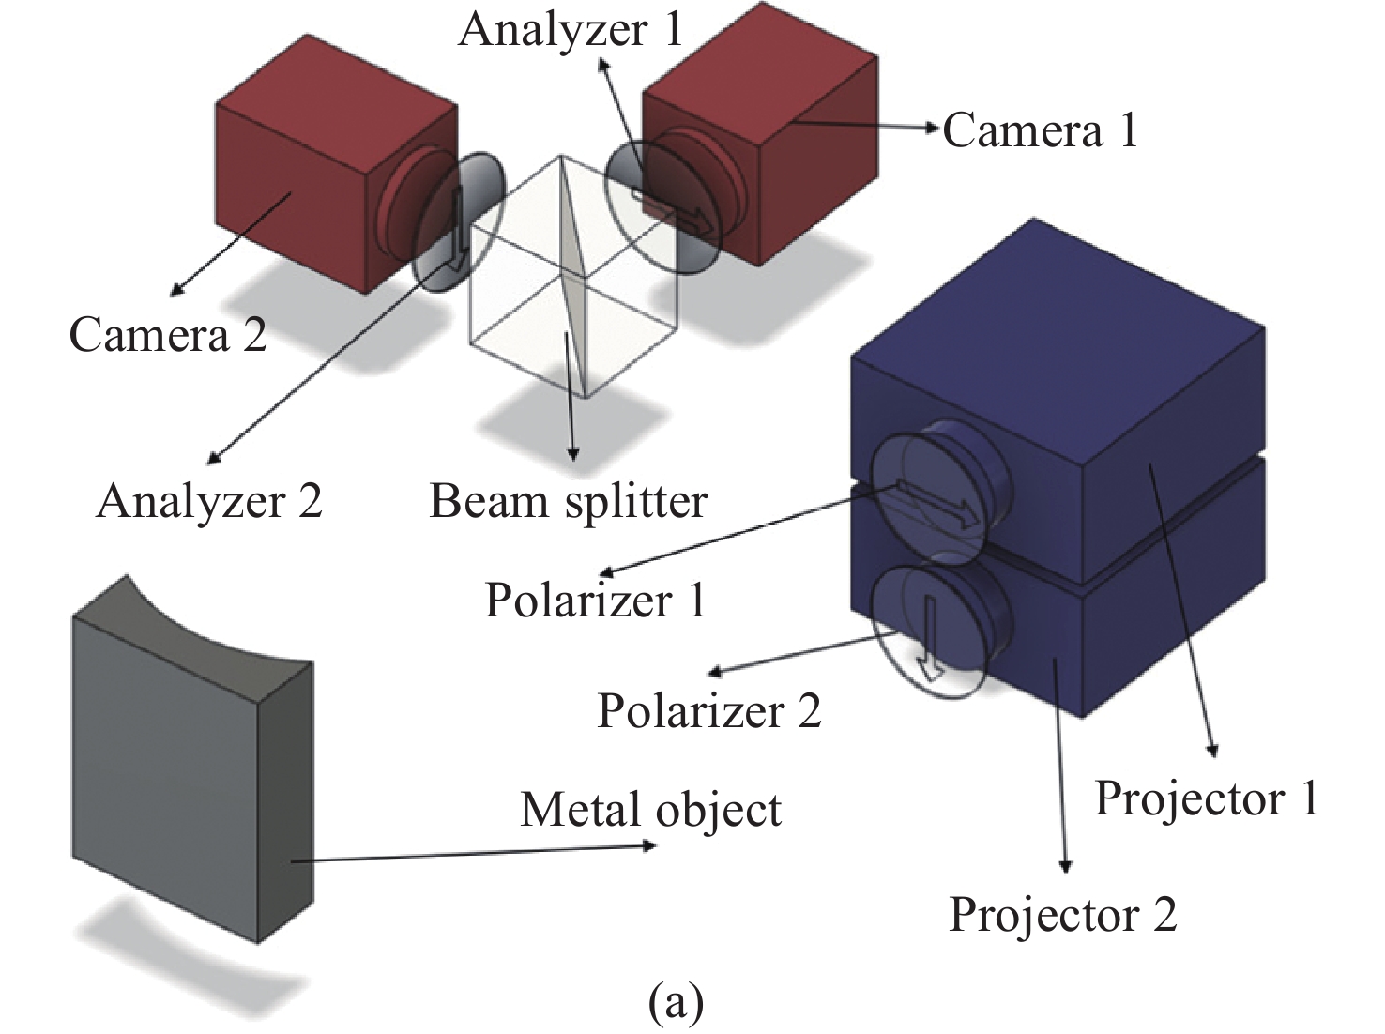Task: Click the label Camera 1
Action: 1040,130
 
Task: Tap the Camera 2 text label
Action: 168,335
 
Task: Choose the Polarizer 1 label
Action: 595,600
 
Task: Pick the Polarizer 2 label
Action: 708,710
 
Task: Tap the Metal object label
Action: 650,810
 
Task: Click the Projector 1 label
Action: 1207,798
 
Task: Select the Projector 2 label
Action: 1063,914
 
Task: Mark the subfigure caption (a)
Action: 676,1003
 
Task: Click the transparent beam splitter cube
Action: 572,281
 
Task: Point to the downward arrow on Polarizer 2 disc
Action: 930,638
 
